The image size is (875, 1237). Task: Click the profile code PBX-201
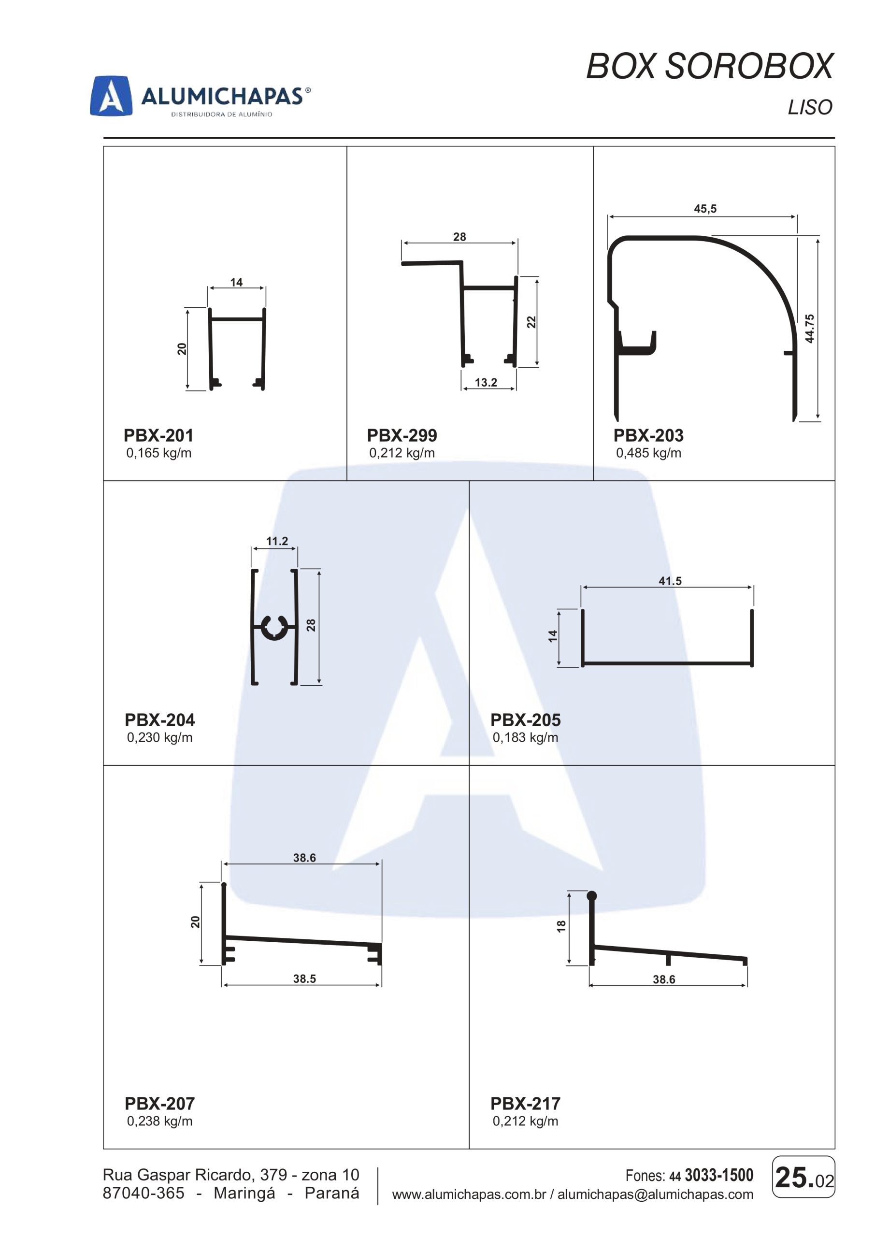click(158, 435)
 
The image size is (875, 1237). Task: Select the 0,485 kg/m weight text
click(649, 453)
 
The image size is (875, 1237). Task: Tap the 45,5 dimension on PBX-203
click(705, 209)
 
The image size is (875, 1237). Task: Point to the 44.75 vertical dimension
click(809, 329)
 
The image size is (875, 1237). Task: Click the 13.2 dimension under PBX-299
click(486, 383)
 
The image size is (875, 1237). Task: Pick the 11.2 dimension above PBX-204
click(277, 541)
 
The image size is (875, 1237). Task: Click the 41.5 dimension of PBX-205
click(670, 581)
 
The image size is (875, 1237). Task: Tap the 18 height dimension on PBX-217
click(561, 926)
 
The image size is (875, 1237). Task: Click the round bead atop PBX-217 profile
click(591, 896)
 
